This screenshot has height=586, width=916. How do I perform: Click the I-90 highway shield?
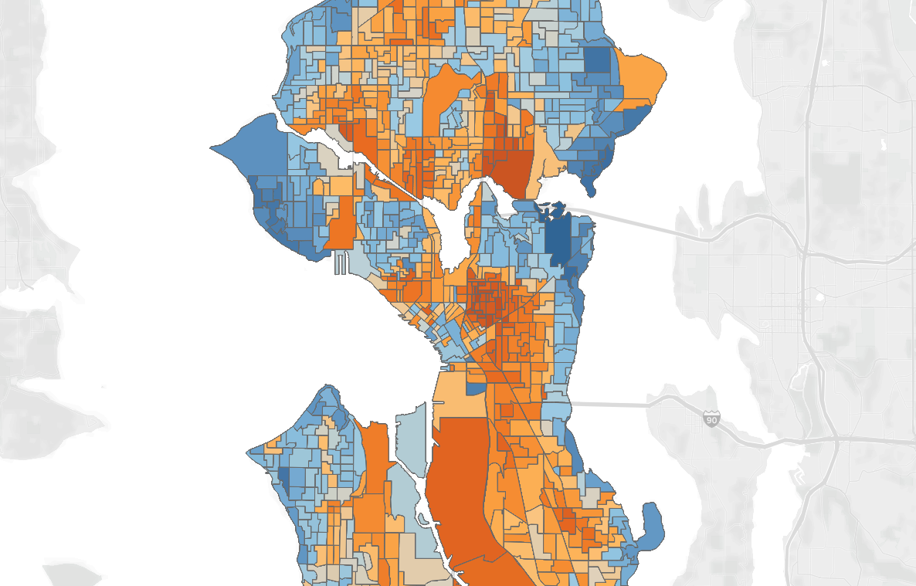[x=712, y=419]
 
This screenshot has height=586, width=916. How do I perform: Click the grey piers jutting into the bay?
[x=341, y=266]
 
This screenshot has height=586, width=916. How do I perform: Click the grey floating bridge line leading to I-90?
[x=610, y=404]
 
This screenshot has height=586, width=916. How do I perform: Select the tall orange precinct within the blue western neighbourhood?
[x=340, y=224]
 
